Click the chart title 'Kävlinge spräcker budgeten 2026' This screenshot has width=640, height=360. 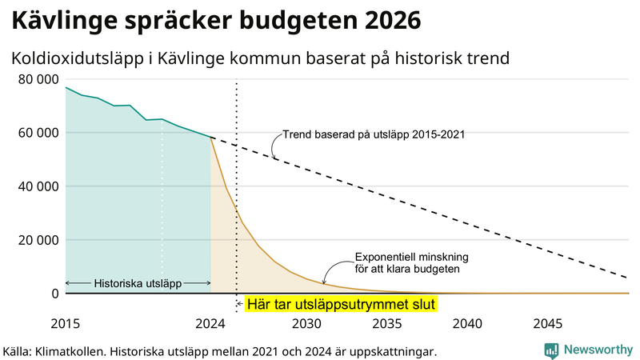[214, 20]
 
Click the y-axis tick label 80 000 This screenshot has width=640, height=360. [38, 79]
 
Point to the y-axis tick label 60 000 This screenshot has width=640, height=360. [38, 133]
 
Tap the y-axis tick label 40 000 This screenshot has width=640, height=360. [38, 186]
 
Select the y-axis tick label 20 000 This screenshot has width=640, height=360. [38, 240]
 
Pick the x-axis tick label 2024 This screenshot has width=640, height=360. [210, 324]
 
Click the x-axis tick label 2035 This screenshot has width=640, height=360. [386, 324]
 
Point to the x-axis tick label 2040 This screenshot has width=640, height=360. [467, 324]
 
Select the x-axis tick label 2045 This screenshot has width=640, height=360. [548, 324]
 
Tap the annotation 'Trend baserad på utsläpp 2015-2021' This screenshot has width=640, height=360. [374, 135]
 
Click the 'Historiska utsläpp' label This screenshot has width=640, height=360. [138, 283]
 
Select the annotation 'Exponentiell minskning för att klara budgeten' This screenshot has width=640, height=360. [411, 263]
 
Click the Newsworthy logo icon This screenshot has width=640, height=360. [551, 350]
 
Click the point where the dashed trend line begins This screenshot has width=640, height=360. [211, 138]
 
